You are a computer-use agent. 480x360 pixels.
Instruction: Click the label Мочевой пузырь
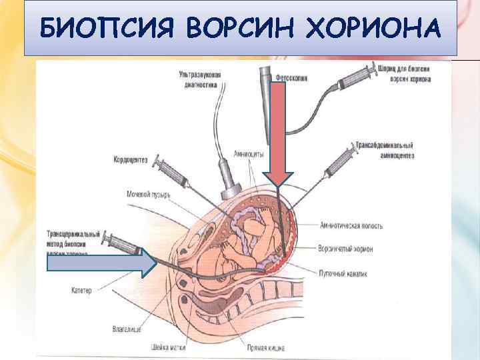(148, 195)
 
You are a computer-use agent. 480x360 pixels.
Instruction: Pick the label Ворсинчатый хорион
(346, 249)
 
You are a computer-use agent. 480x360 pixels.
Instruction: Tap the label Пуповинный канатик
(343, 273)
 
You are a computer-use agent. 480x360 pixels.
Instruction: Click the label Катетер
(85, 289)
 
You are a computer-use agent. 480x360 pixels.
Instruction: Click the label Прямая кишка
(245, 347)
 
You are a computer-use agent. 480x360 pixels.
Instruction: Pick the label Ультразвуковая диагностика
(199, 79)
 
